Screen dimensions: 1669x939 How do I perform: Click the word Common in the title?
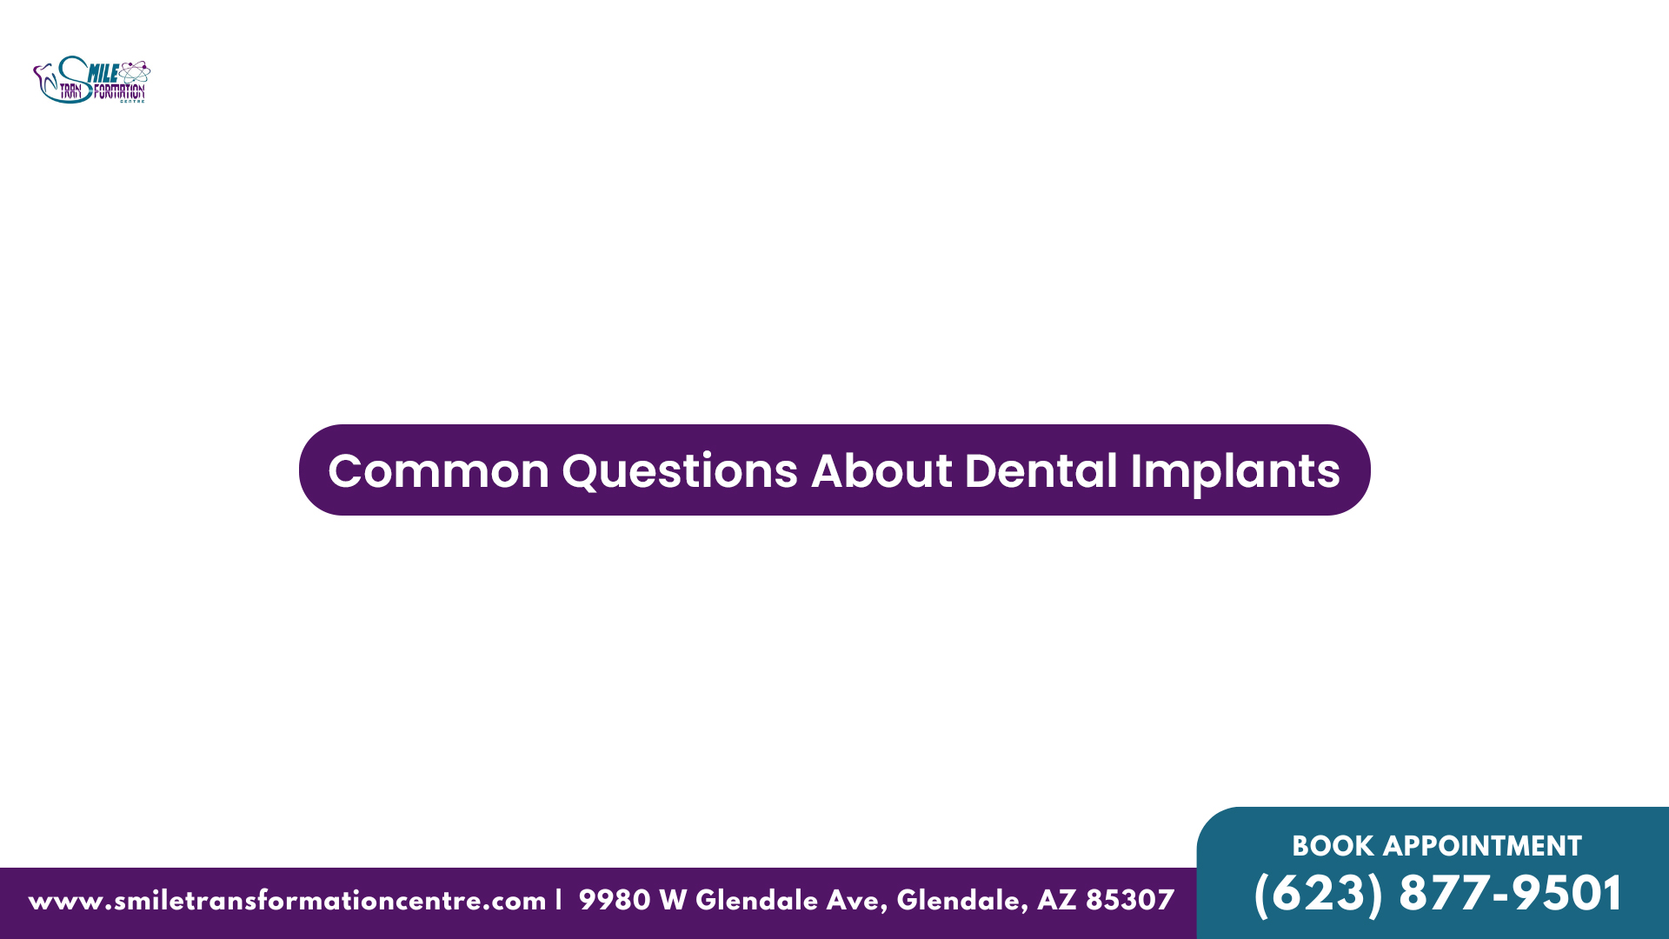[439, 471]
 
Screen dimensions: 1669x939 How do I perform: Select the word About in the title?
[881, 470]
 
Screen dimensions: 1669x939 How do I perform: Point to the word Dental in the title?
[1041, 470]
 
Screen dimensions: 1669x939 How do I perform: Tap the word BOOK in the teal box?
[1333, 846]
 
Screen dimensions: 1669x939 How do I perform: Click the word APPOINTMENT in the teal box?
[1482, 846]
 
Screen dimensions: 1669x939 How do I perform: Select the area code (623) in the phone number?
[1318, 894]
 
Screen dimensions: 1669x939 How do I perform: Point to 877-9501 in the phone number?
[1510, 894]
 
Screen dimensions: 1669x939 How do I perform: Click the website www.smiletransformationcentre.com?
[287, 901]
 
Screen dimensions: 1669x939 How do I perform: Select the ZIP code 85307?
[1130, 900]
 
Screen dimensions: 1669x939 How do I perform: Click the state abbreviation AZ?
[1056, 900]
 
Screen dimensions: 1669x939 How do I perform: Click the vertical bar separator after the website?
[559, 899]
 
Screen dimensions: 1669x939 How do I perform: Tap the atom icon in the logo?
[134, 73]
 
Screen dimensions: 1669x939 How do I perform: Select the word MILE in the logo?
[103, 74]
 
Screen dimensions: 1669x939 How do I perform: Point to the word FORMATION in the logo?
[119, 91]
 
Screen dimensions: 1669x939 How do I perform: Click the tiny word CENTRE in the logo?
[132, 102]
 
